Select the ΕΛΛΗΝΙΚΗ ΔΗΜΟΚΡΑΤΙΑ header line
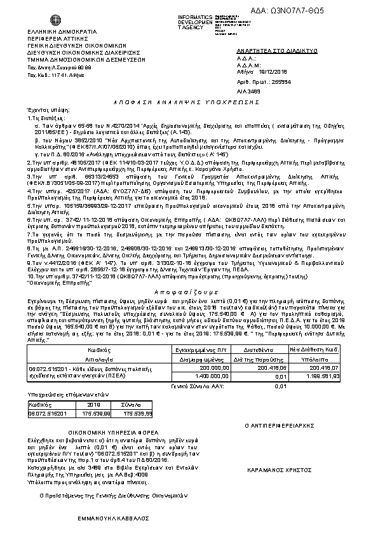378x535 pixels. pos(62,31)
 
